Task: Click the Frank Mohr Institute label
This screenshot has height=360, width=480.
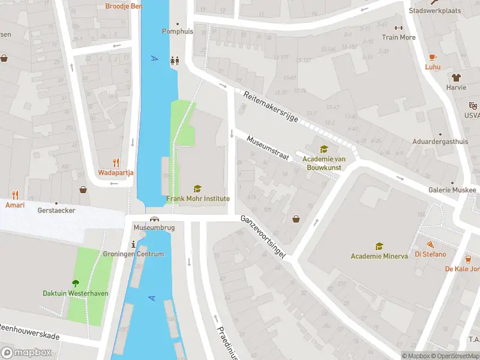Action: point(198,199)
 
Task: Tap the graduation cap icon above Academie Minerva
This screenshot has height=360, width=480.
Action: point(379,246)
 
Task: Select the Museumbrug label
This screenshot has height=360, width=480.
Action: point(154,228)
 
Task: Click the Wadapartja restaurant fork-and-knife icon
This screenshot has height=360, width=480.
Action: point(116,163)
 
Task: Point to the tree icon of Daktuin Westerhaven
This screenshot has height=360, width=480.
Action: point(76,283)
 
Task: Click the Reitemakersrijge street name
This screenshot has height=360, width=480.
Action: point(271,107)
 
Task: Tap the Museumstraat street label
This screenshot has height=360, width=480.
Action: point(268,148)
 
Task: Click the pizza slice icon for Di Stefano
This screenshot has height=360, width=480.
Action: point(431,244)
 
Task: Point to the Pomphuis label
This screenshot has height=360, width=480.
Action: point(178,31)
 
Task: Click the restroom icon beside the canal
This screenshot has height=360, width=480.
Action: point(175,60)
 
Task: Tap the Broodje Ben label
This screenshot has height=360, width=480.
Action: point(124,7)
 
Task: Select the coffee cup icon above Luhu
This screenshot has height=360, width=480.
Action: point(433,56)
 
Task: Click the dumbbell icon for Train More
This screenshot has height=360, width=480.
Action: point(398,28)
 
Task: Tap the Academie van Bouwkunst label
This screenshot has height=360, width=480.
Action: point(322,163)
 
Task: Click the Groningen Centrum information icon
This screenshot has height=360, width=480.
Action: point(133,244)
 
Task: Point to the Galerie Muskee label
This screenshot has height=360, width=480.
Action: point(452,190)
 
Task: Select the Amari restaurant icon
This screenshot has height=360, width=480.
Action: point(15,195)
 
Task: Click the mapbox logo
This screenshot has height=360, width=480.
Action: point(26,352)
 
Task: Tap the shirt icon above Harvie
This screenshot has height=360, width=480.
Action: point(456,77)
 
